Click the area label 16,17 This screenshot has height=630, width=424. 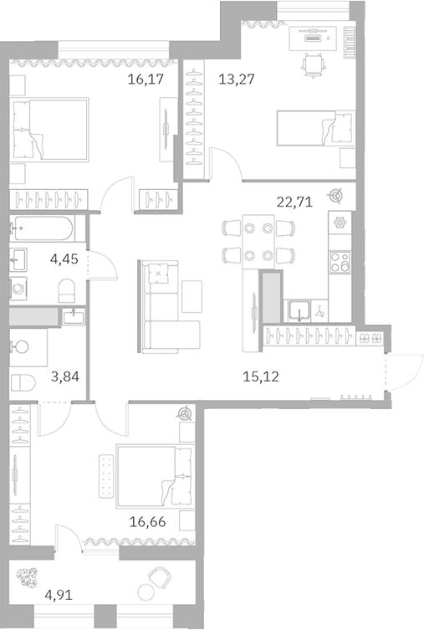pyautogui.click(x=145, y=80)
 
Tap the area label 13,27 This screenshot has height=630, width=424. pyautogui.click(x=237, y=80)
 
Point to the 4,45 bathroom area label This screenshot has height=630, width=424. pyautogui.click(x=65, y=259)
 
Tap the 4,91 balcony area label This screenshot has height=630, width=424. pyautogui.click(x=59, y=597)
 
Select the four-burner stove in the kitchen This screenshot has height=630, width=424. pyautogui.click(x=340, y=262)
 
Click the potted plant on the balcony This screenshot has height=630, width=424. pyautogui.click(x=32, y=576)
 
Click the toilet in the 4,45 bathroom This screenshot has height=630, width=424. pyautogui.click(x=68, y=290)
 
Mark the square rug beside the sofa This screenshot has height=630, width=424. pyautogui.click(x=192, y=293)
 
